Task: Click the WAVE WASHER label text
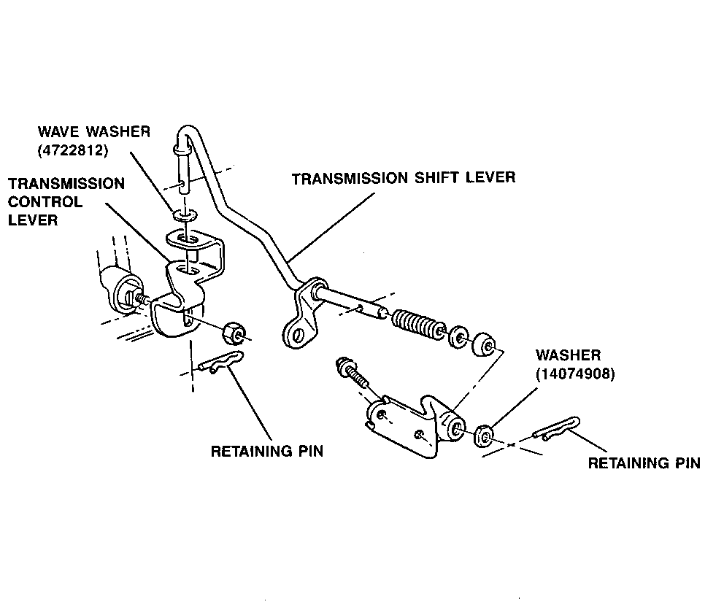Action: point(94,132)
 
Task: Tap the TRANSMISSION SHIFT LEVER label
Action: point(403,178)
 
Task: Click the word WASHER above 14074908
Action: point(568,356)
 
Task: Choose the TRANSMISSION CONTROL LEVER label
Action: point(66,201)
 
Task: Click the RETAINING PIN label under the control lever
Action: point(266,452)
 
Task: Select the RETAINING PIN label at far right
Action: point(644,463)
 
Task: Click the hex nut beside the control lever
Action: point(233,331)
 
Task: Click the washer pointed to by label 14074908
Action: point(484,436)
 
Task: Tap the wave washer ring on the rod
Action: point(182,215)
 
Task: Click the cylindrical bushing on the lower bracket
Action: point(455,426)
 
